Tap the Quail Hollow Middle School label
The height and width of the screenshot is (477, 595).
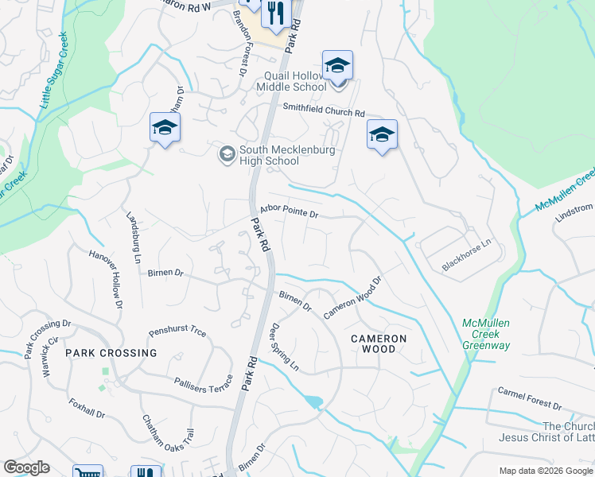click(295, 81)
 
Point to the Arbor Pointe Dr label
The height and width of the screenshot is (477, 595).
click(289, 211)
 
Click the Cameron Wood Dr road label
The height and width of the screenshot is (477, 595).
click(354, 299)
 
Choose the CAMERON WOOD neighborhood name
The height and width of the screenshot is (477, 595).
click(379, 343)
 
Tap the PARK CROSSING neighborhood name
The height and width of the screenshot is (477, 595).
click(111, 352)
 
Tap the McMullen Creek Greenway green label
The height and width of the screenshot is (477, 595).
click(485, 334)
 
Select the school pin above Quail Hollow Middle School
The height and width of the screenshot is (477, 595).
click(337, 65)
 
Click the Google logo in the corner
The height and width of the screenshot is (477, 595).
click(26, 467)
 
